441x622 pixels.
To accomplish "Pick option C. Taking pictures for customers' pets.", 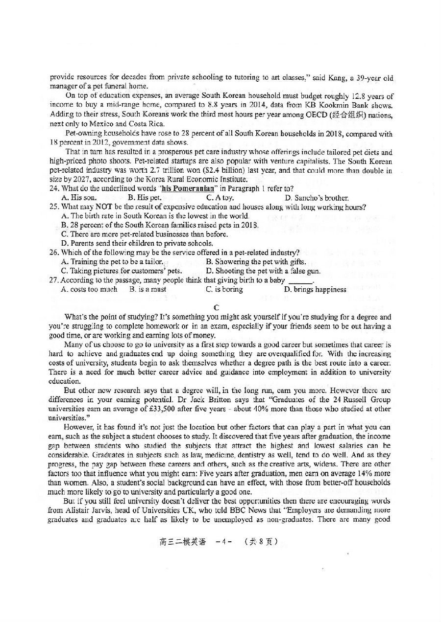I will click(x=121, y=271).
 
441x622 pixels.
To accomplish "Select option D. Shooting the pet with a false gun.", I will click(x=263, y=271).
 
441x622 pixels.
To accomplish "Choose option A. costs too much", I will click(x=89, y=289).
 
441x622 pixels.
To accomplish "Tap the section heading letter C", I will click(x=216, y=307).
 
